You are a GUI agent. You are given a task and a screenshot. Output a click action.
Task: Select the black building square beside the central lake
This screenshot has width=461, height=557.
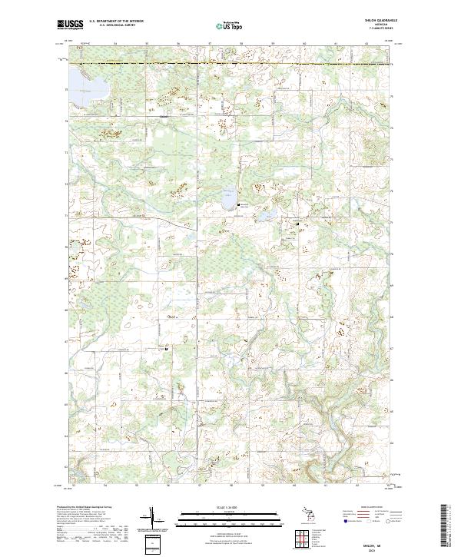pos(240,204)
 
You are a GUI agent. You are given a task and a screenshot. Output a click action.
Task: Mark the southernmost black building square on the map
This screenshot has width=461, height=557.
pos(166,346)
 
